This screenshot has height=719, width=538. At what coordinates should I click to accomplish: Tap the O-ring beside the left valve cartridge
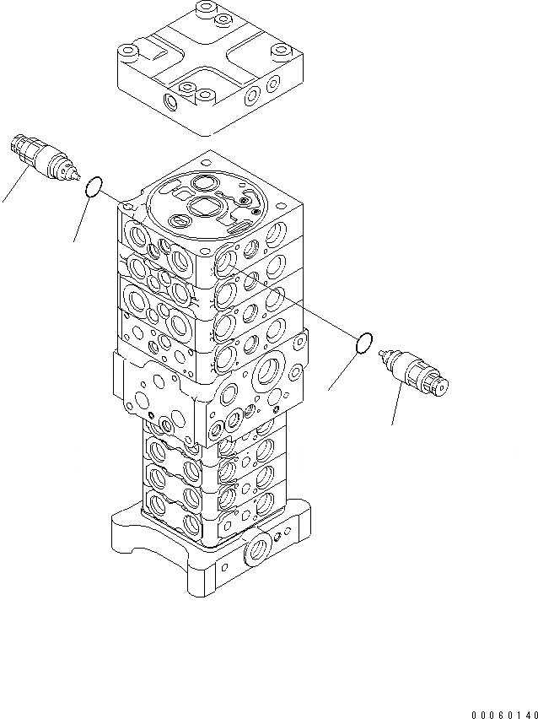tap(96, 185)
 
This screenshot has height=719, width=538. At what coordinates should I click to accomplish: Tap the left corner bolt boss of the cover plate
tap(129, 53)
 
